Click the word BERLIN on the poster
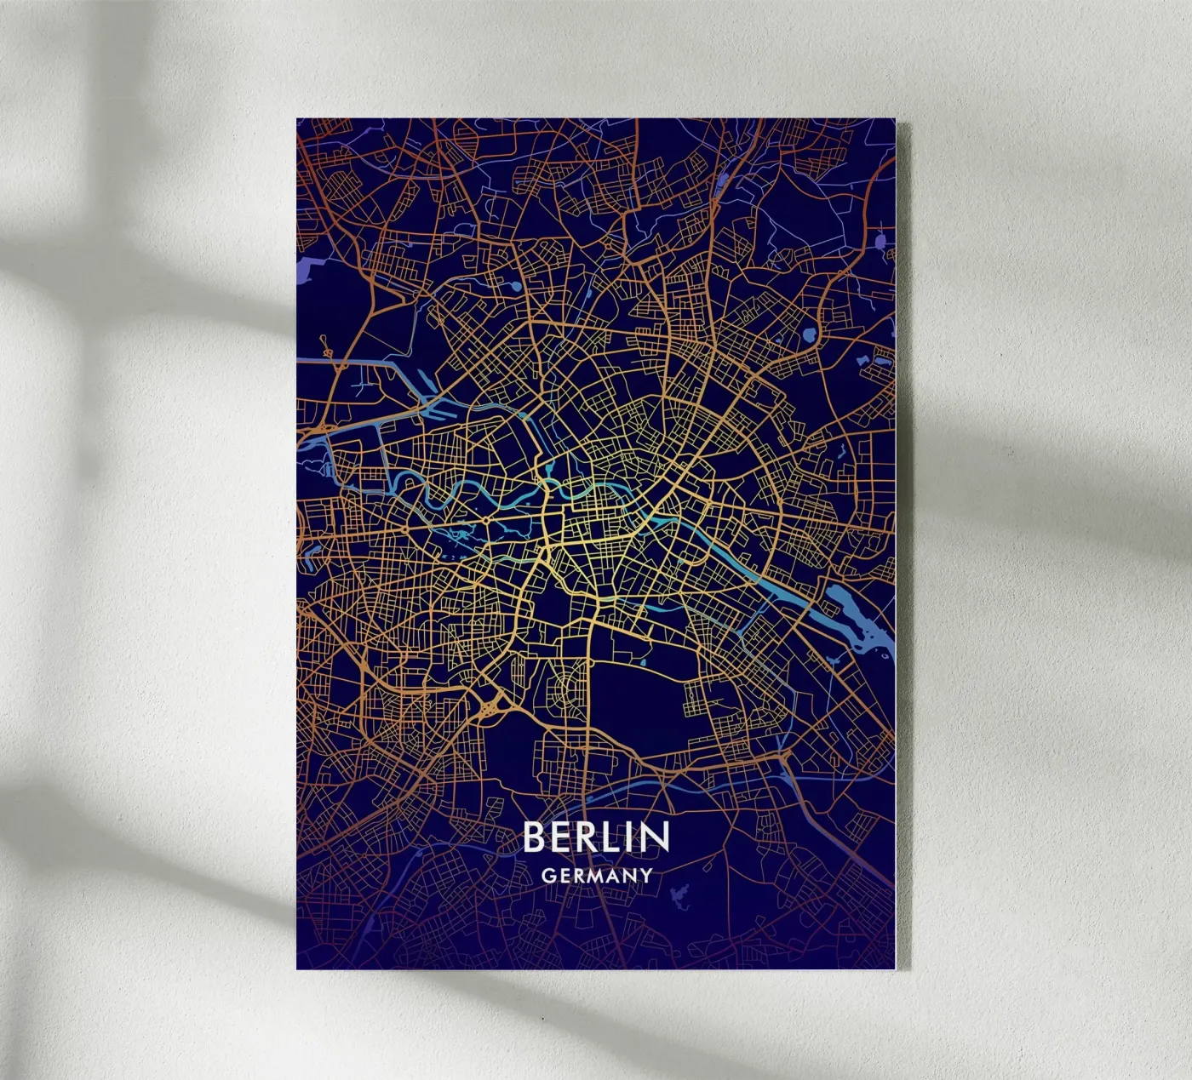596,837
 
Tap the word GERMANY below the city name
596,875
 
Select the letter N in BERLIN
655,837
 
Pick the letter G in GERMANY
549,875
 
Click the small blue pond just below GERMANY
679,895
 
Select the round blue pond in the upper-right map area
808,334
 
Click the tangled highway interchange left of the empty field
492,705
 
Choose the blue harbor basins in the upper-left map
434,409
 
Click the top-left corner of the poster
297,119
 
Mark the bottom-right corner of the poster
896,968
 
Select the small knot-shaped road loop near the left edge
324,346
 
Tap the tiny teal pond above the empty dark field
643,661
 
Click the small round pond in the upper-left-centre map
516,288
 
